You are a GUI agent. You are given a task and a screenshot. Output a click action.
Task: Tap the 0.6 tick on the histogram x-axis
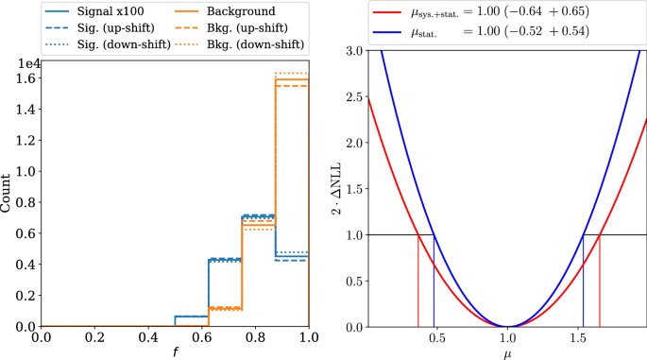(201, 336)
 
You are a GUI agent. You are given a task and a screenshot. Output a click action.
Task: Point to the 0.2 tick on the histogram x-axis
(94, 336)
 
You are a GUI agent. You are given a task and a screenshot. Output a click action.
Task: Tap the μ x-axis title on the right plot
(507, 353)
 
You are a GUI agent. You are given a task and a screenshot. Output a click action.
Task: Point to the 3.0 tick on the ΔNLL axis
(351, 50)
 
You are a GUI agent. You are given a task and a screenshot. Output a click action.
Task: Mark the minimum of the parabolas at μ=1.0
(508, 326)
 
